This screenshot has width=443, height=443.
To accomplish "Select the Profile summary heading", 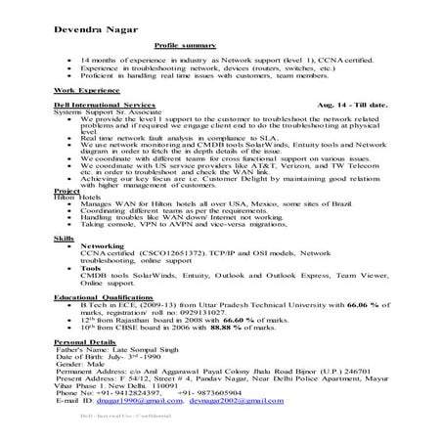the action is point(187,46).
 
